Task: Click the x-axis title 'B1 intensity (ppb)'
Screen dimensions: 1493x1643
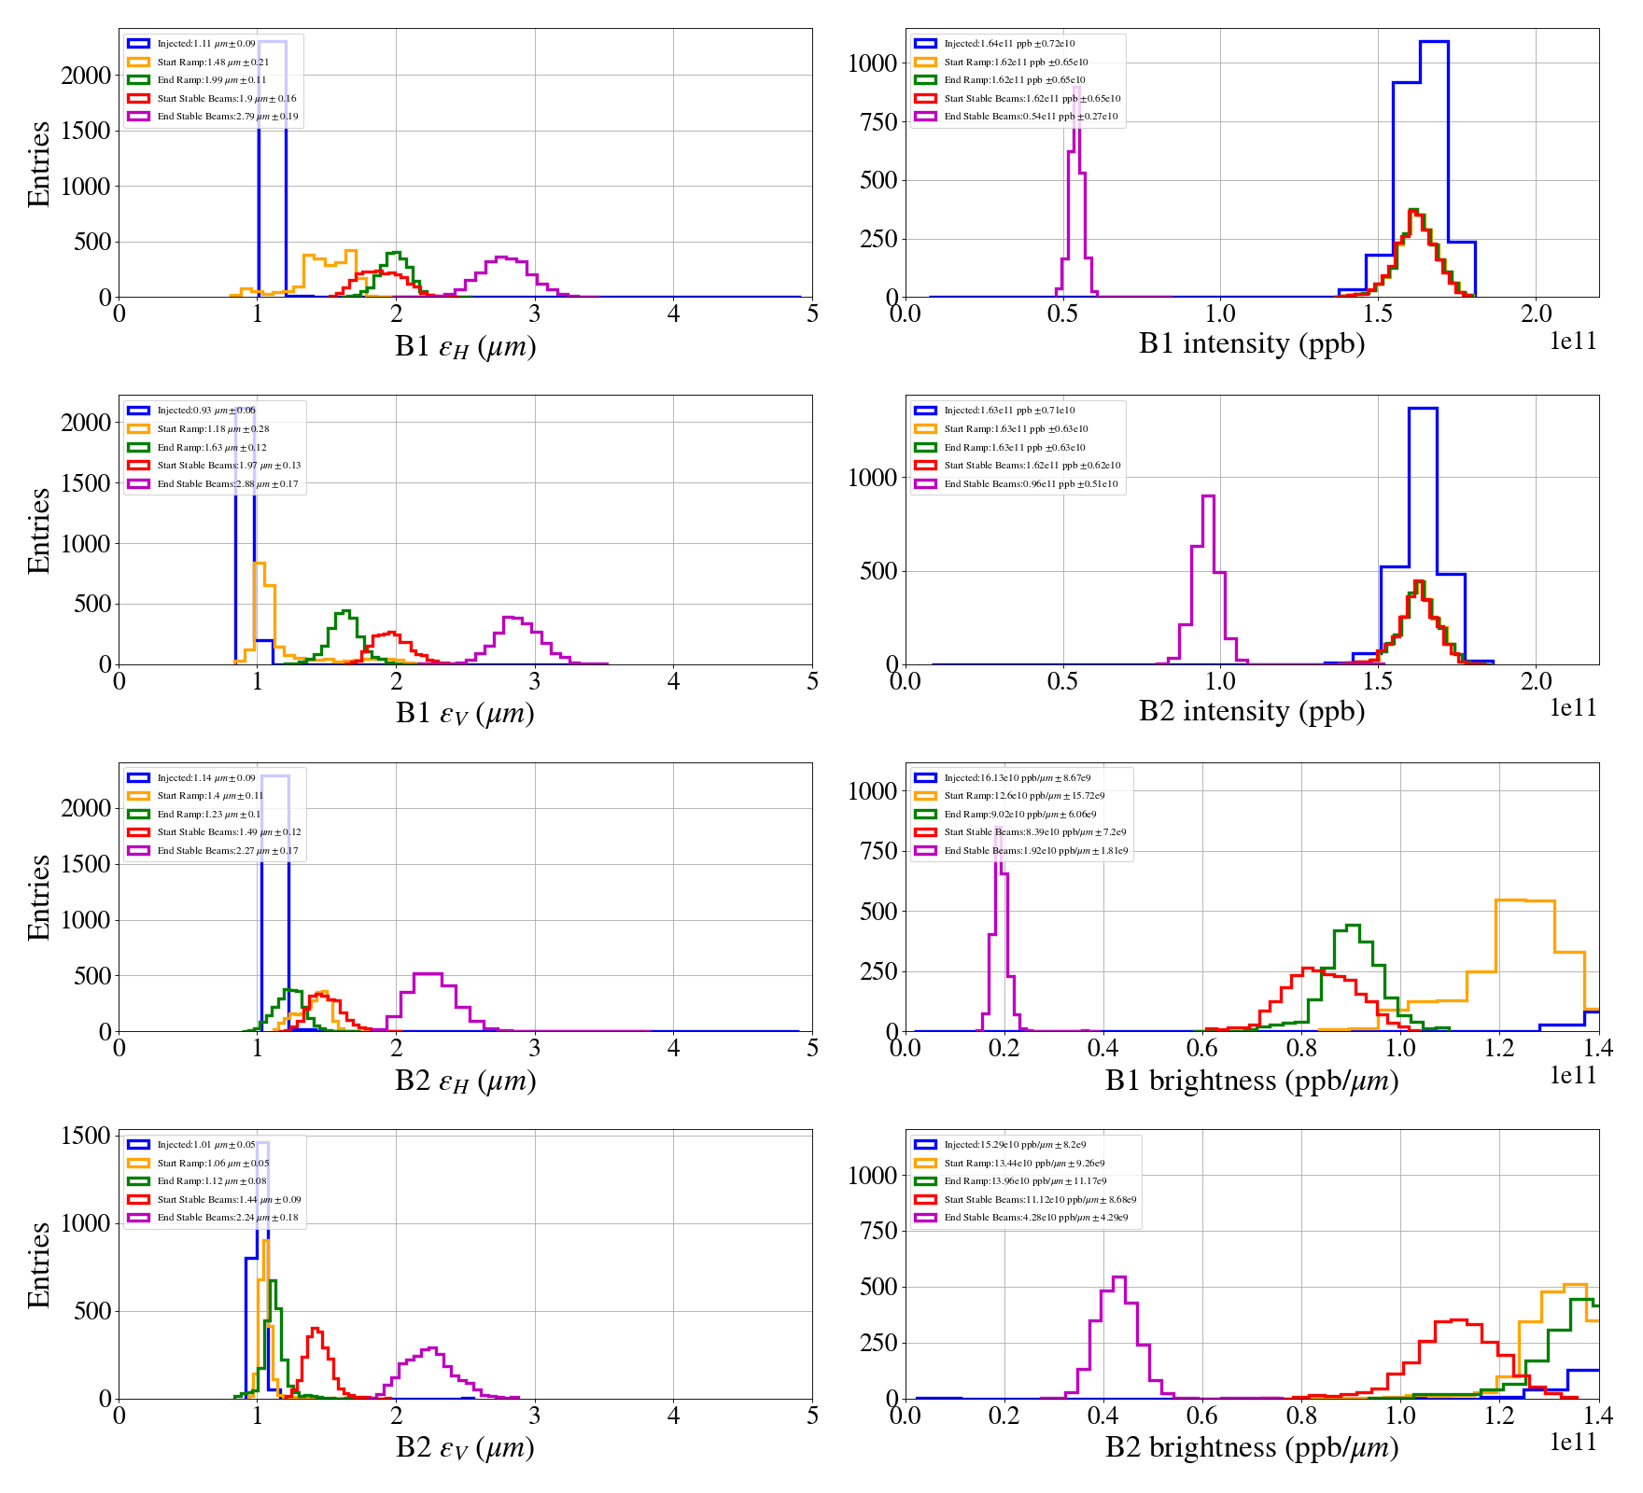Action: point(1251,343)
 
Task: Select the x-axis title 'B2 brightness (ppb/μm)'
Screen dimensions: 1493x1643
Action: point(1251,1447)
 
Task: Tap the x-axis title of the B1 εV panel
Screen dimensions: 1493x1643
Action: point(465,713)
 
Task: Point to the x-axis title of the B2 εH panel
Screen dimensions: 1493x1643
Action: point(465,1081)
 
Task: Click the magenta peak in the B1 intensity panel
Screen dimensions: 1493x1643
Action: point(1076,89)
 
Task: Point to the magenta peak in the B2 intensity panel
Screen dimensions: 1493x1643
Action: point(1208,497)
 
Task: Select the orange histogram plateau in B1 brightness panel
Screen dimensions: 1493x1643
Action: point(1525,900)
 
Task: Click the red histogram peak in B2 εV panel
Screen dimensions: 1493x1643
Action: point(316,1329)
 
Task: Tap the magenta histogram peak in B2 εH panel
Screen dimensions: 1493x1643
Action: point(428,974)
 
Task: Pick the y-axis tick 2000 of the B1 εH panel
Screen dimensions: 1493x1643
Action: point(86,76)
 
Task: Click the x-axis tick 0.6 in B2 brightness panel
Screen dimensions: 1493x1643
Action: point(1202,1415)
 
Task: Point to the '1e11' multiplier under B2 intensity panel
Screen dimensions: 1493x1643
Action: point(1573,708)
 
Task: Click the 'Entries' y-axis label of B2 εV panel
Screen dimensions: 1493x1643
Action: point(39,1264)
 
